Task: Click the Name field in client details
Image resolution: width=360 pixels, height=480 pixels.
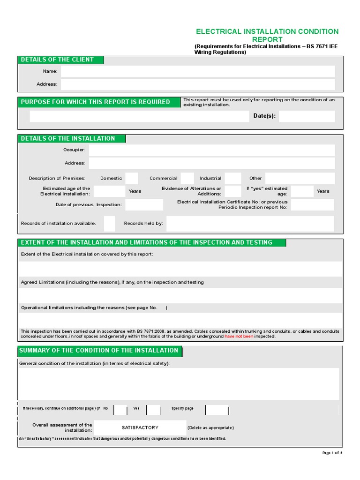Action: tap(197, 71)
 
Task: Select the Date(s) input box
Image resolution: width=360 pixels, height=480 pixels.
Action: tap(307, 116)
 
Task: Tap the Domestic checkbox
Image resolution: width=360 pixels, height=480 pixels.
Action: tap(132, 178)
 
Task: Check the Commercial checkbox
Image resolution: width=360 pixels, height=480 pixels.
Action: tap(187, 178)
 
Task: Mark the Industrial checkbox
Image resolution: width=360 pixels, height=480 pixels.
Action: tap(232, 178)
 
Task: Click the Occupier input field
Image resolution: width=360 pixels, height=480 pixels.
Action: tap(211, 150)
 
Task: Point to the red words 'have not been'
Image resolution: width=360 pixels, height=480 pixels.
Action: tap(239, 336)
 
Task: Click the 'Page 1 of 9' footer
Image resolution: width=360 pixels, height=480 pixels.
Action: tap(332, 453)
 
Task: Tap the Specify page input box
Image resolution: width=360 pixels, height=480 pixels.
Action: tap(217, 410)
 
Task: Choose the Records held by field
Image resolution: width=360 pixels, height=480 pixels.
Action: tap(250, 224)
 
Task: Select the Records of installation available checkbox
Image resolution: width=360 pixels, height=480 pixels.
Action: tap(109, 224)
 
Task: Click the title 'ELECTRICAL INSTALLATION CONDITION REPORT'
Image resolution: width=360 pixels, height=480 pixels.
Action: tap(267, 35)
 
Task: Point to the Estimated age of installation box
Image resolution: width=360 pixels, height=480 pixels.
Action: tap(109, 191)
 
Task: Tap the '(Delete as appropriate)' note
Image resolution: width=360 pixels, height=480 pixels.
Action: tap(210, 427)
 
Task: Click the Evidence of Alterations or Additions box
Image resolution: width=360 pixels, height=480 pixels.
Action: tap(233, 191)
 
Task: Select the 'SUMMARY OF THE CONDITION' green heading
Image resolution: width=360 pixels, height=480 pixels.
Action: tap(99, 351)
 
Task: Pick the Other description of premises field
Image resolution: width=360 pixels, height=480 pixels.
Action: tap(300, 178)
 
